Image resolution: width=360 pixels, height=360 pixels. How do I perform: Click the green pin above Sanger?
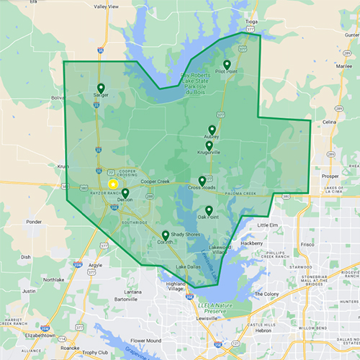pyautogui.click(x=100, y=89)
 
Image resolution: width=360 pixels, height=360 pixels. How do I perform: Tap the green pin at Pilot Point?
pyautogui.click(x=227, y=64)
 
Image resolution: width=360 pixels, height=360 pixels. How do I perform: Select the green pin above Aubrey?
pyautogui.click(x=212, y=130)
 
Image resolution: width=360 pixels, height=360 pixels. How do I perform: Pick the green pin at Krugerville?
pyautogui.click(x=209, y=145)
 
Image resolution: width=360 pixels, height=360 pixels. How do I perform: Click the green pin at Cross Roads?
pyautogui.click(x=202, y=181)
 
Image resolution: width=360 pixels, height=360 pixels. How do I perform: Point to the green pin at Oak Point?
pyautogui.click(x=209, y=210)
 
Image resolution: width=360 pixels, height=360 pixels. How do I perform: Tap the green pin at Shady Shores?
pyautogui.click(x=166, y=235)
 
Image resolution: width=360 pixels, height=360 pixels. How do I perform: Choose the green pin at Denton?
pyautogui.click(x=125, y=194)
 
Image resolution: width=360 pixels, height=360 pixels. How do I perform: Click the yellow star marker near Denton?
pyautogui.click(x=113, y=184)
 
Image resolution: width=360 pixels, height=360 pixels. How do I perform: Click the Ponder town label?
pyautogui.click(x=33, y=222)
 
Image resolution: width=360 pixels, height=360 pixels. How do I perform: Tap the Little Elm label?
pyautogui.click(x=267, y=225)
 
